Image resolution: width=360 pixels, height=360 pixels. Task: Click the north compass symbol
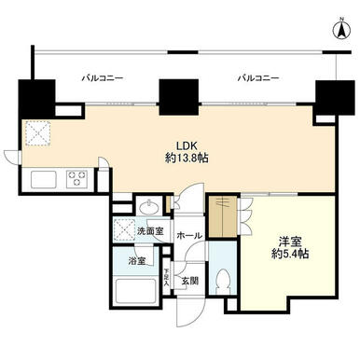(x=341, y=30)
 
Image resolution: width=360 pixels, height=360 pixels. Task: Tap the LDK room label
(x=187, y=145)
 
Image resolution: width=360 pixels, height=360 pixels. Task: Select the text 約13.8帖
(x=187, y=159)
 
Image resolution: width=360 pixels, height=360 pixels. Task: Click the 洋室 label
(x=290, y=242)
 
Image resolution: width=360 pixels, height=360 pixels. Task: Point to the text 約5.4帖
(x=290, y=254)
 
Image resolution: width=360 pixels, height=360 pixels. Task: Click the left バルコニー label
(x=103, y=77)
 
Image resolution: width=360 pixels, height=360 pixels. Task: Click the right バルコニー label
(x=258, y=77)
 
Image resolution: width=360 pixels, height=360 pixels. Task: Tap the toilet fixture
(x=222, y=281)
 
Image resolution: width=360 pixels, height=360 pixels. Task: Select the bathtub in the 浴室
(x=135, y=291)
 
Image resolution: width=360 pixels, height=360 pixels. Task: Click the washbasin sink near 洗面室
(x=150, y=208)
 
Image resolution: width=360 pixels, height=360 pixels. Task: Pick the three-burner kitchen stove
(x=76, y=179)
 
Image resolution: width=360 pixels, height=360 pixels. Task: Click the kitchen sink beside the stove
(x=44, y=179)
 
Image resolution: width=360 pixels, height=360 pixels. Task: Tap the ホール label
(x=189, y=236)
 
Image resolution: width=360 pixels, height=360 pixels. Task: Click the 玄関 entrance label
(x=190, y=282)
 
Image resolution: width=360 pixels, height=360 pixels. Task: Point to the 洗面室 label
(x=150, y=231)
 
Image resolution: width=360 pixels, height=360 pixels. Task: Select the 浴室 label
(x=137, y=261)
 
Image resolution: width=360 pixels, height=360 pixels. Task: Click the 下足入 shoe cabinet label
(x=167, y=277)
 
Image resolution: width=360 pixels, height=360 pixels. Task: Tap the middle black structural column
(x=179, y=97)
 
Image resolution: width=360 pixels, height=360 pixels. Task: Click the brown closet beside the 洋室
(x=223, y=216)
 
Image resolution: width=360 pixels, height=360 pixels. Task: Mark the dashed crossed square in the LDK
(x=38, y=133)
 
